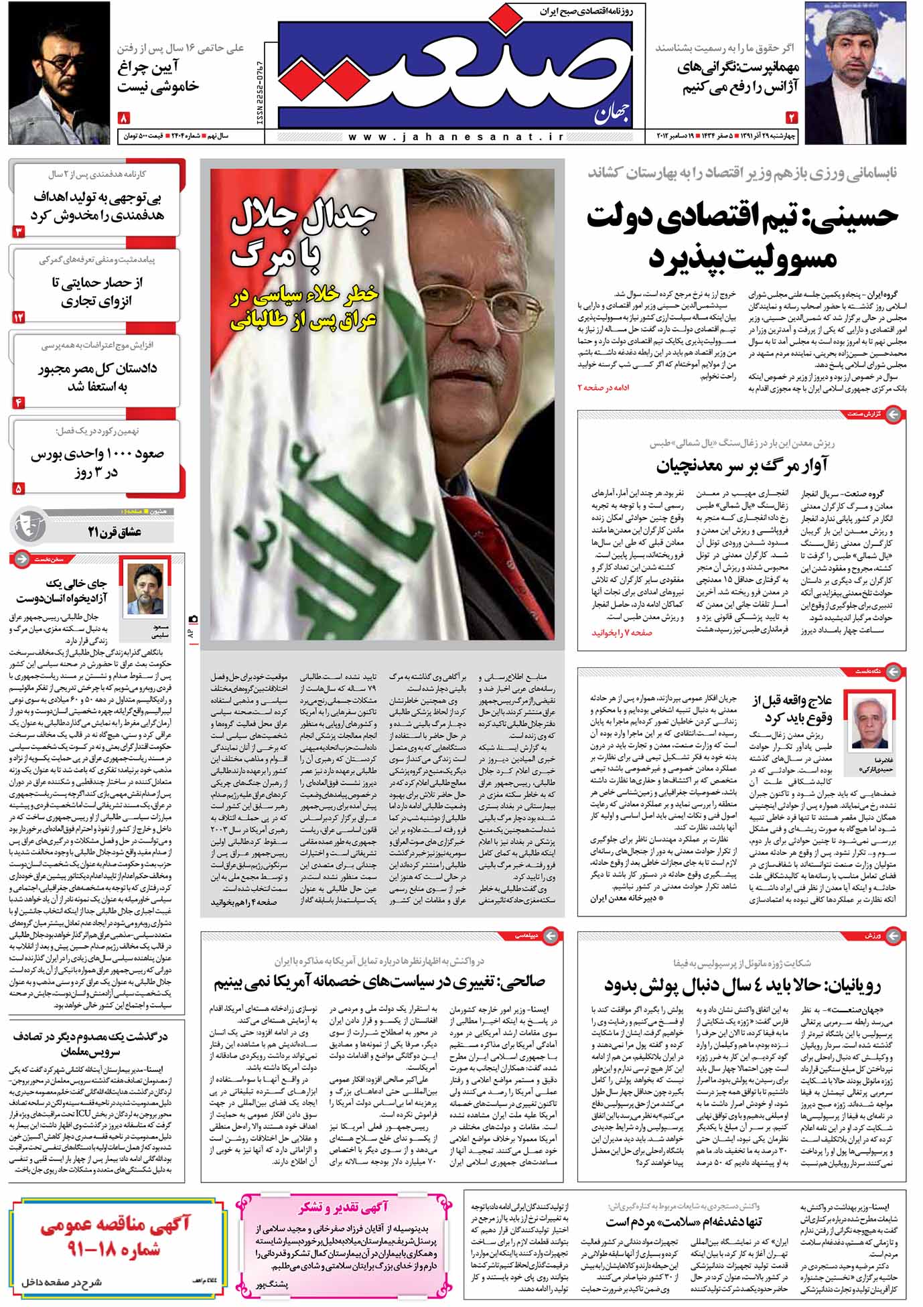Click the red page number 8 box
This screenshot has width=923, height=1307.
pyautogui.click(x=124, y=119)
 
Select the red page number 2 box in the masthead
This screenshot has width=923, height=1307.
pyautogui.click(x=792, y=118)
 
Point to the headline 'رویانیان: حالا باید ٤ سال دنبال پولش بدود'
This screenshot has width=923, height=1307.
pyautogui.click(x=741, y=985)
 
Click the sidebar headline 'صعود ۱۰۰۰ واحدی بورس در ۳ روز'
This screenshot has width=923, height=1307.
pyautogui.click(x=97, y=462)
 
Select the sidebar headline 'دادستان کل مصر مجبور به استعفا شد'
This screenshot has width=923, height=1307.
pyautogui.click(x=97, y=376)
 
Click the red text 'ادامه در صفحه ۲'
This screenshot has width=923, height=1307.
pyautogui.click(x=603, y=387)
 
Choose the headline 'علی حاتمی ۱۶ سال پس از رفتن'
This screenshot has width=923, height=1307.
pyautogui.click(x=180, y=48)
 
